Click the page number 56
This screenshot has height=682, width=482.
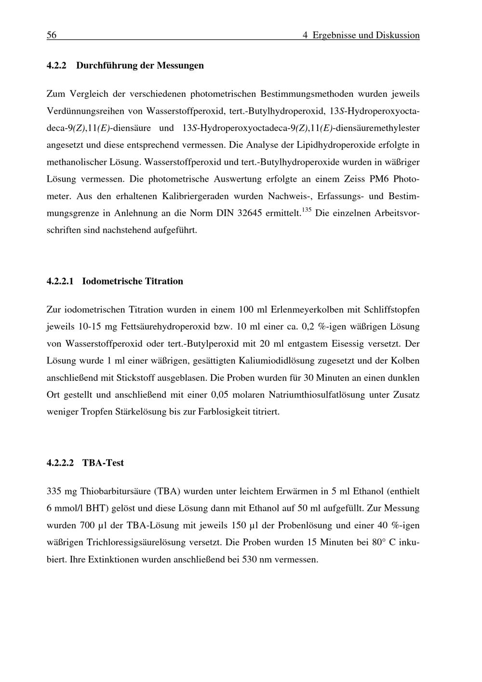(52, 35)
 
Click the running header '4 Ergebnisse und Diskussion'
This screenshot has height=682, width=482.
(361, 35)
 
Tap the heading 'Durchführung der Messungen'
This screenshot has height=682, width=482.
(140, 65)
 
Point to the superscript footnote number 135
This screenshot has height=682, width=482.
(306, 210)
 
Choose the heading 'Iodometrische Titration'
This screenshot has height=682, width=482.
(133, 281)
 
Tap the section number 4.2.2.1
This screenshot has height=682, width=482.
(60, 281)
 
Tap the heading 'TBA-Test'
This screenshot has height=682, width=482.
(103, 463)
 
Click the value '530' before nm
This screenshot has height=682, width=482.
(249, 560)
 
